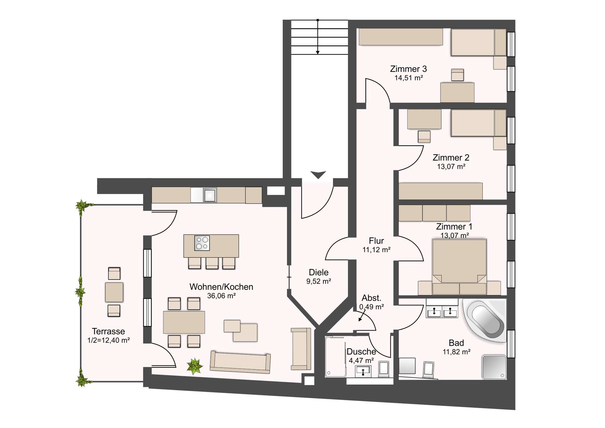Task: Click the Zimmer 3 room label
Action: [x=408, y=69]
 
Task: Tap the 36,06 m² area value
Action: [x=221, y=296]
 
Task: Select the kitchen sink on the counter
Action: [x=210, y=195]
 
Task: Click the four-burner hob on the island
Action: [x=202, y=243]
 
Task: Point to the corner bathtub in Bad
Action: [x=486, y=320]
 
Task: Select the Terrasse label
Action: [x=108, y=331]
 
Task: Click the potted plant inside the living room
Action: [x=194, y=366]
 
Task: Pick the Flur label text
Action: [x=376, y=241]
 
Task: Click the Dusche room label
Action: [x=361, y=351]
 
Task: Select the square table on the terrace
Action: [x=114, y=292]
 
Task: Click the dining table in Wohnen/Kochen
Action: [x=184, y=322]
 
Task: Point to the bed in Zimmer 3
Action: [x=478, y=43]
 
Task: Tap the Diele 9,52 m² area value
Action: [x=319, y=281]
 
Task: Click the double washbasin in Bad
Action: [x=442, y=312]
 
